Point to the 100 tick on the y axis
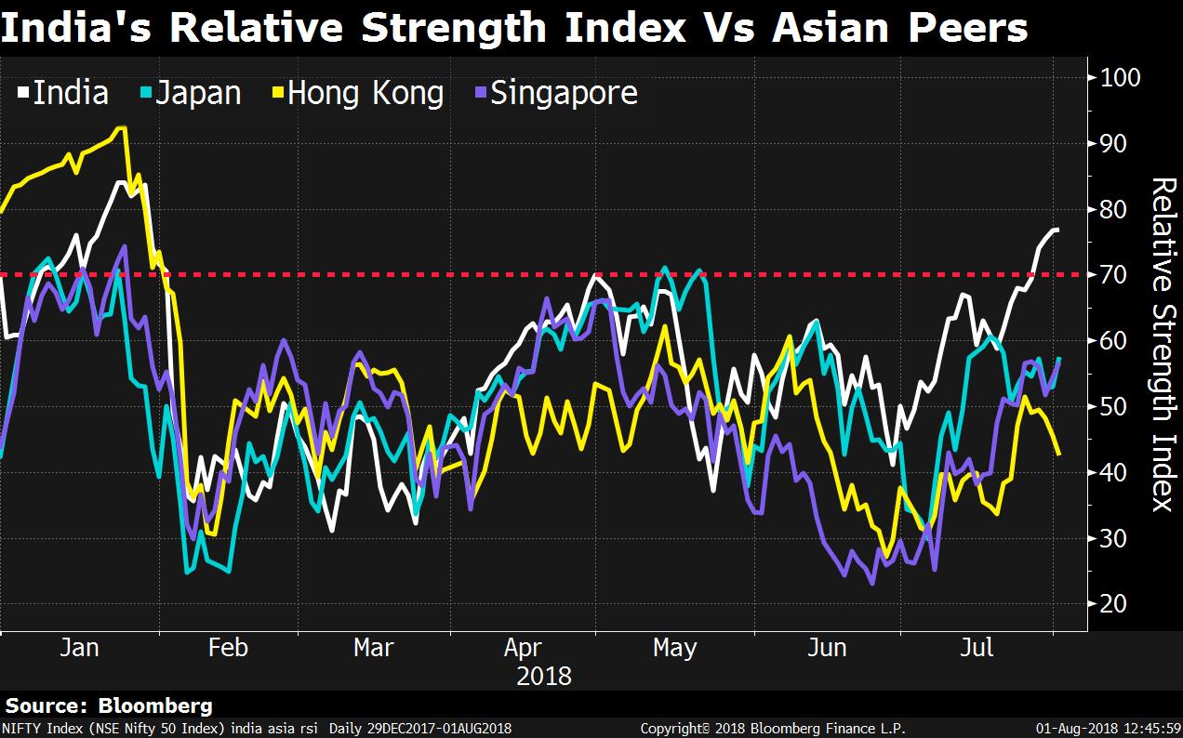pos(1119,77)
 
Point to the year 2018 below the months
pos(544,675)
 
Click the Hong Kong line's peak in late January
pos(122,127)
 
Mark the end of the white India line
pos(1057,229)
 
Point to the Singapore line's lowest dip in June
pos(872,584)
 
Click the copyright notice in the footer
pos(773,729)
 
